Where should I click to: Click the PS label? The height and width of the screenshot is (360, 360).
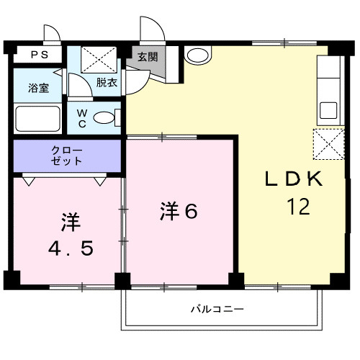pos(40,55)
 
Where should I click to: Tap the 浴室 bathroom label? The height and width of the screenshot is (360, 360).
pos(39,88)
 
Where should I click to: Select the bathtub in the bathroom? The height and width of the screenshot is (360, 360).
pos(37,119)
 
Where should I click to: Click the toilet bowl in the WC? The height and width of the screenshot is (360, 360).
pos(104,117)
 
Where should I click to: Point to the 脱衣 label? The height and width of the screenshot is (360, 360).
pos(107,83)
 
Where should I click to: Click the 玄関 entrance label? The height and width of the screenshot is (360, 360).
pos(148,57)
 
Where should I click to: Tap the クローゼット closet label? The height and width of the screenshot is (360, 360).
pos(67,156)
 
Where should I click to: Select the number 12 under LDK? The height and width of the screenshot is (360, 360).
pos(298,207)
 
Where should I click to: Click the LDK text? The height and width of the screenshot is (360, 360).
pos(294,179)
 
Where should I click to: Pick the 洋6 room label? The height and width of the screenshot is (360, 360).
pos(179,211)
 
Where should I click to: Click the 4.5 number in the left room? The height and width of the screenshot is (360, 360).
pos(71,248)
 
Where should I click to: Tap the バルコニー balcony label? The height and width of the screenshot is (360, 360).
pos(217,309)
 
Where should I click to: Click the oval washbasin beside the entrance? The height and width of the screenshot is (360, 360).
pos(198,55)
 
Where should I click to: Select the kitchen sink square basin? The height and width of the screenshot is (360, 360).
pos(328,110)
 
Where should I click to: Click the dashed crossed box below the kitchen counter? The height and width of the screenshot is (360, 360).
pos(329,144)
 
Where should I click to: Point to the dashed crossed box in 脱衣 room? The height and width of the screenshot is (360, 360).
pos(99,60)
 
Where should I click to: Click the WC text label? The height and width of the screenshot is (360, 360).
pos(82,118)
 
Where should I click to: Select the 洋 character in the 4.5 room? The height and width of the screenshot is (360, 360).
pos(71,222)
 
